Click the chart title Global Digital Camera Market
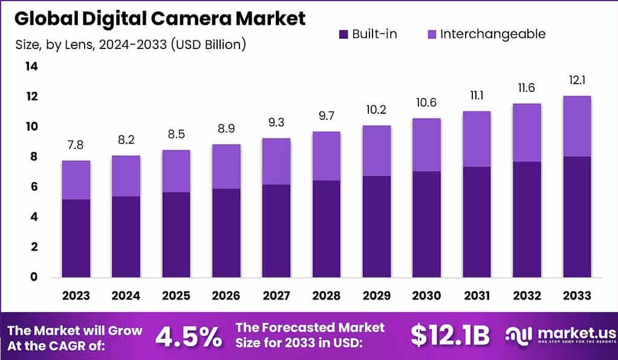[160, 18]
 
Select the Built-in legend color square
[343, 34]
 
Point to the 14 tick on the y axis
[31, 67]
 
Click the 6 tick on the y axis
[34, 187]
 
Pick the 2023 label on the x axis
[76, 295]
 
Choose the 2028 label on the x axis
[326, 295]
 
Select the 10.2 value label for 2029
[376, 110]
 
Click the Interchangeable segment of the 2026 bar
[226, 166]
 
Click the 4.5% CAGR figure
[188, 336]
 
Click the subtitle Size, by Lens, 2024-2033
[129, 44]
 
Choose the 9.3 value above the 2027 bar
[276, 122]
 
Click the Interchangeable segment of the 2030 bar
[426, 145]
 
